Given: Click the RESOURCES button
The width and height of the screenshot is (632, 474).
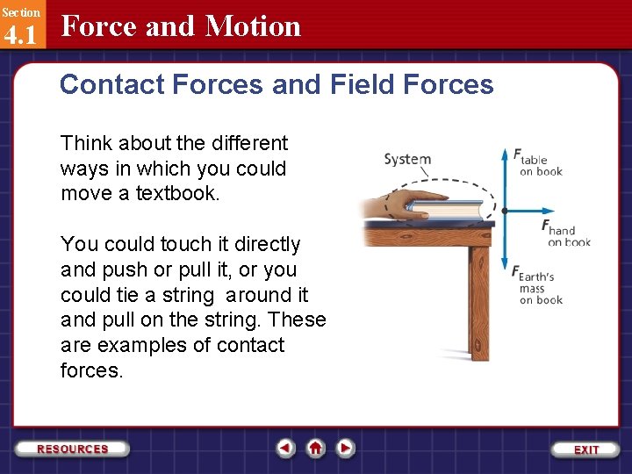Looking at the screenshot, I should pyautogui.click(x=73, y=449).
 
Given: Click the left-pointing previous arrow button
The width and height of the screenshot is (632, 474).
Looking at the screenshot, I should pyautogui.click(x=285, y=449).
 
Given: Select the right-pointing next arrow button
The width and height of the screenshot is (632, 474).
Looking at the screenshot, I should pyautogui.click(x=346, y=449).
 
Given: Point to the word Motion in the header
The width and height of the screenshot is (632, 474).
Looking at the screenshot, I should pyautogui.click(x=253, y=26).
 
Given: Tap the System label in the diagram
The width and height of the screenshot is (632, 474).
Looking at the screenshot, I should pyautogui.click(x=407, y=159).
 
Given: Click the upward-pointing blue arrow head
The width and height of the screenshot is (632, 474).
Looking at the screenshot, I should pyautogui.click(x=505, y=154).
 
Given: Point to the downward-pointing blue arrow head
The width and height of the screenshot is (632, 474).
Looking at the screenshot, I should pyautogui.click(x=505, y=267).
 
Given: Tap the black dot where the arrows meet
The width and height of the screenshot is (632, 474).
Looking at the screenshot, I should pyautogui.click(x=505, y=211).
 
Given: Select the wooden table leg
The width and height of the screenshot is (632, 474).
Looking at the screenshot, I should pyautogui.click(x=478, y=298).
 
